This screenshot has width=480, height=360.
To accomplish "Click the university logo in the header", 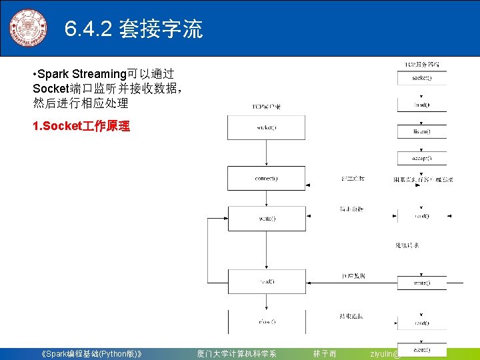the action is (x=28, y=29).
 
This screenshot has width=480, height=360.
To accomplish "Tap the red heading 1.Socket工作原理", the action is (x=81, y=126).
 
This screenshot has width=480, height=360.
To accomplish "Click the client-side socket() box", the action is (x=266, y=128).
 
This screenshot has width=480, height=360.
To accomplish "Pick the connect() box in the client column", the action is (x=266, y=178).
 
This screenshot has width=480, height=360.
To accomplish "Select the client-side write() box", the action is (x=266, y=218).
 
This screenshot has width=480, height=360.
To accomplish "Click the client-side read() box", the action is (x=266, y=281).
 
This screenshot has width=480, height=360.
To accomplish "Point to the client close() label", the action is (x=266, y=321).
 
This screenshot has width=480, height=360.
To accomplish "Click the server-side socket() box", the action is (x=421, y=78).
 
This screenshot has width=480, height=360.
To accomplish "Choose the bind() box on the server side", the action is (x=421, y=105).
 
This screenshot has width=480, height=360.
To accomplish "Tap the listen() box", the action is (x=421, y=131).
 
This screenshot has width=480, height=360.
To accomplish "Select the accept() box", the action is (x=421, y=159).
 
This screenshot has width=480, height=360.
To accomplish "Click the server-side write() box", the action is (x=421, y=283).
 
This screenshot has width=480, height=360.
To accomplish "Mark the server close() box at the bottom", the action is (x=421, y=349).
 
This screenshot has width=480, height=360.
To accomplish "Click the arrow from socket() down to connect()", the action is (x=266, y=153).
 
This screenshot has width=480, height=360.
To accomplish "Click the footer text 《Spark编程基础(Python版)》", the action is (x=90, y=353).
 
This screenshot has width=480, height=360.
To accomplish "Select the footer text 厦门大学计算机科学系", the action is (x=236, y=353).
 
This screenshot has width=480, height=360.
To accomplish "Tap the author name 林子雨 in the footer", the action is (x=325, y=353).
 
